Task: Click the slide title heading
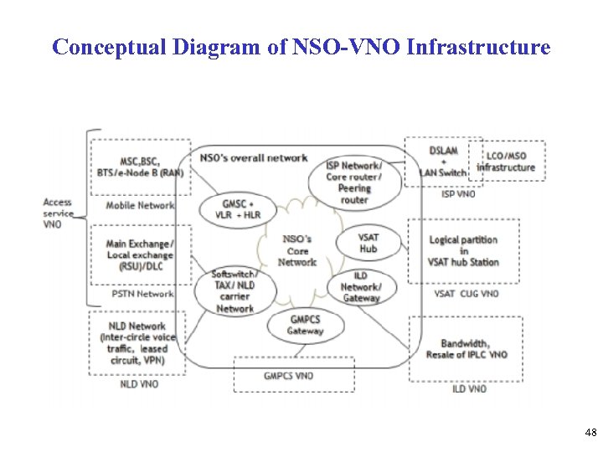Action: pyautogui.click(x=301, y=47)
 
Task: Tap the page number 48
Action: pyautogui.click(x=590, y=432)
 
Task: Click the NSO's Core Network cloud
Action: pyautogui.click(x=297, y=250)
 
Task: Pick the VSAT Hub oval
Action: pyautogui.click(x=368, y=243)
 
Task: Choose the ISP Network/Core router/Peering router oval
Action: pyautogui.click(x=354, y=182)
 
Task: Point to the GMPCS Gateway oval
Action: pyautogui.click(x=305, y=325)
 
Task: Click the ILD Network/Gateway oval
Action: pyautogui.click(x=361, y=286)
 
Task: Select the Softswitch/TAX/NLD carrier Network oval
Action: pyautogui.click(x=234, y=291)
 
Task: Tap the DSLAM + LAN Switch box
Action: pyautogui.click(x=442, y=162)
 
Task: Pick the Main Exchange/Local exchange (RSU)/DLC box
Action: pyautogui.click(x=140, y=254)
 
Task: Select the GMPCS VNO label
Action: pyautogui.click(x=288, y=376)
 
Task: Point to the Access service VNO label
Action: pyautogui.click(x=58, y=213)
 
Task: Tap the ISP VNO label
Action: pyautogui.click(x=457, y=194)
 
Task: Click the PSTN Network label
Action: pyautogui.click(x=142, y=294)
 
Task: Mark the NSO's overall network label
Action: pyautogui.click(x=254, y=157)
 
